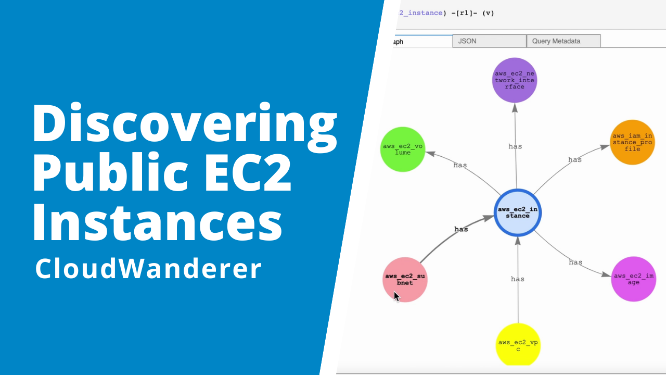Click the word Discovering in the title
coord(185,125)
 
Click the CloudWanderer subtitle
coord(148,269)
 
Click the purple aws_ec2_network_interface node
coord(514,80)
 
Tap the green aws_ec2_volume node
coord(404,149)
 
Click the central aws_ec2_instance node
coord(517,213)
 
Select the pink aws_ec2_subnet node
coord(405,279)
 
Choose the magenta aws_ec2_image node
coord(633,279)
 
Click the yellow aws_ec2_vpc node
coord(518,345)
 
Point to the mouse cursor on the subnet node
coord(396,296)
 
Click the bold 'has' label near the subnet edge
coord(461,229)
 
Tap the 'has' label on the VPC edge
coord(518,279)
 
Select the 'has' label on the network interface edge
coord(515,146)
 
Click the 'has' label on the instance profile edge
coord(575,159)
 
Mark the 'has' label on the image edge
coord(575,262)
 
